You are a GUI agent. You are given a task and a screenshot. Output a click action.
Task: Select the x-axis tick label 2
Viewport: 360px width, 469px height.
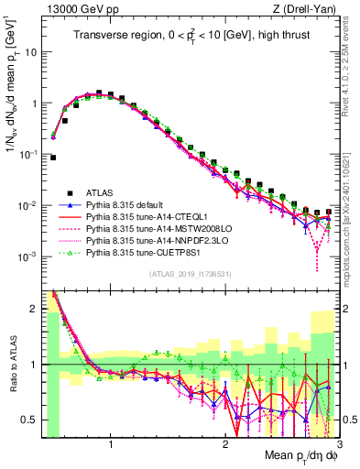[x=224, y=446]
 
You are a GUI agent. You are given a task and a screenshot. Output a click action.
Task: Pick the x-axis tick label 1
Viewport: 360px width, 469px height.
[x=111, y=446]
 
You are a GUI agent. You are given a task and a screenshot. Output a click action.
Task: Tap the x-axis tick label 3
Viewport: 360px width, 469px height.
[x=337, y=446]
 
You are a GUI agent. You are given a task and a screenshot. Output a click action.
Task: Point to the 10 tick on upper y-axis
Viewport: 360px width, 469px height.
[x=29, y=52]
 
